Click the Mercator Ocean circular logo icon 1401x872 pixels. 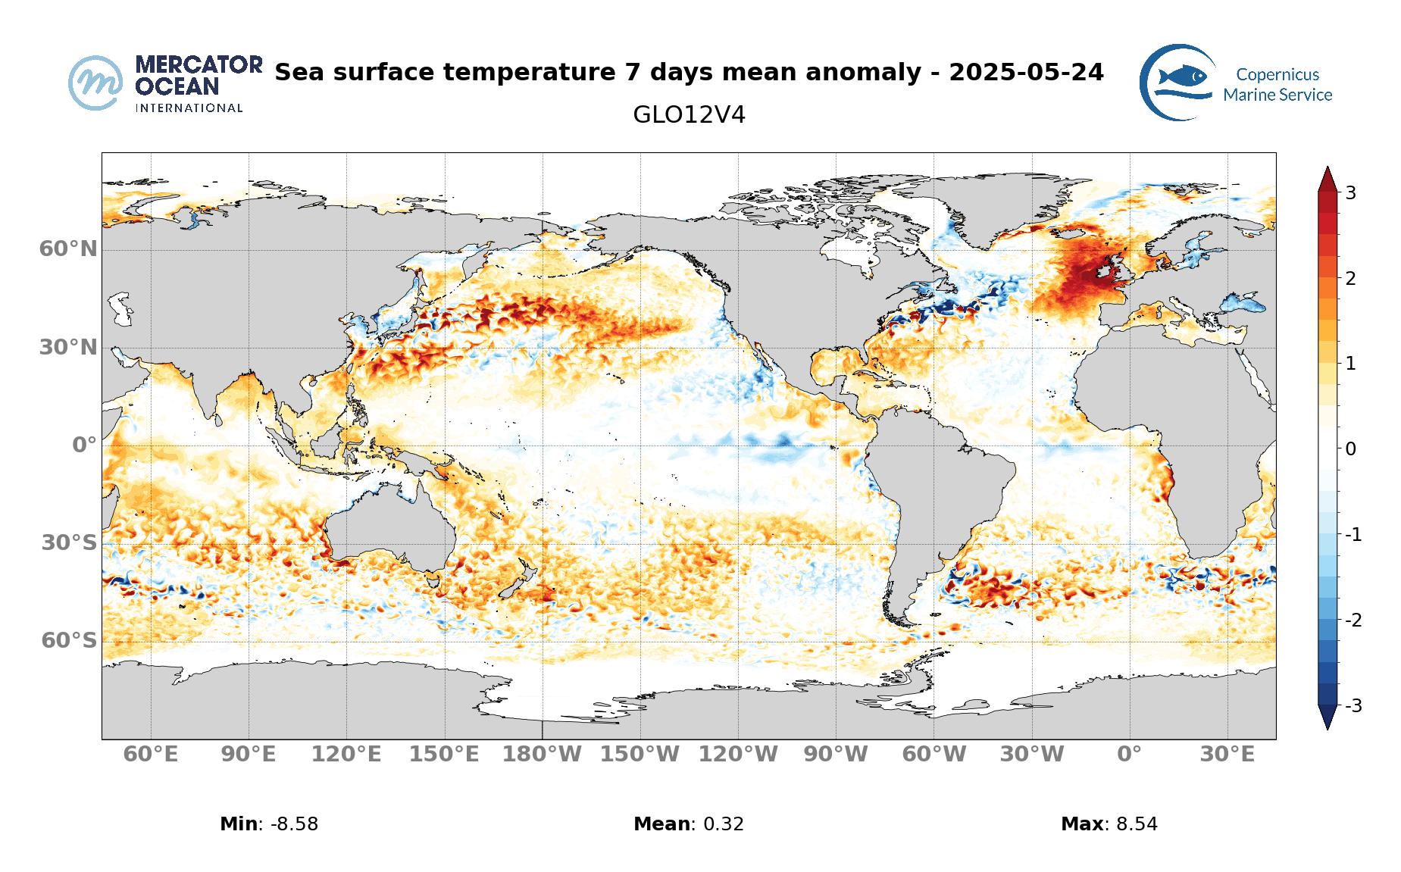pyautogui.click(x=95, y=83)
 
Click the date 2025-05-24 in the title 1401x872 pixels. pyautogui.click(x=1026, y=72)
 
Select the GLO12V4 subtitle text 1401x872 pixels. pyautogui.click(x=689, y=115)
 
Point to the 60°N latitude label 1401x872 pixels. pyautogui.click(x=68, y=248)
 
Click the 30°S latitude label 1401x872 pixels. pyautogui.click(x=69, y=542)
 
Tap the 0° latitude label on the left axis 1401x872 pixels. pyautogui.click(x=85, y=445)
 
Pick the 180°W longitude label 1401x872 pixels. pyautogui.click(x=543, y=755)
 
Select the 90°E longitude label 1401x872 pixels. pyautogui.click(x=249, y=755)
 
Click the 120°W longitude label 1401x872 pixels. pyautogui.click(x=738, y=755)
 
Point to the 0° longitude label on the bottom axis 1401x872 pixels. pyautogui.click(x=1129, y=755)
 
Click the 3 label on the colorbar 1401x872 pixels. pyautogui.click(x=1350, y=192)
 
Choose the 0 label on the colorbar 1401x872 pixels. pyautogui.click(x=1350, y=449)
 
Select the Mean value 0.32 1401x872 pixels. pyautogui.click(x=724, y=824)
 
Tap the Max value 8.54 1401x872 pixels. pyautogui.click(x=1137, y=824)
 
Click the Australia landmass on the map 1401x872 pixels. pyautogui.click(x=390, y=530)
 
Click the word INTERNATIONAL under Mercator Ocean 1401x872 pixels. pyautogui.click(x=189, y=108)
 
